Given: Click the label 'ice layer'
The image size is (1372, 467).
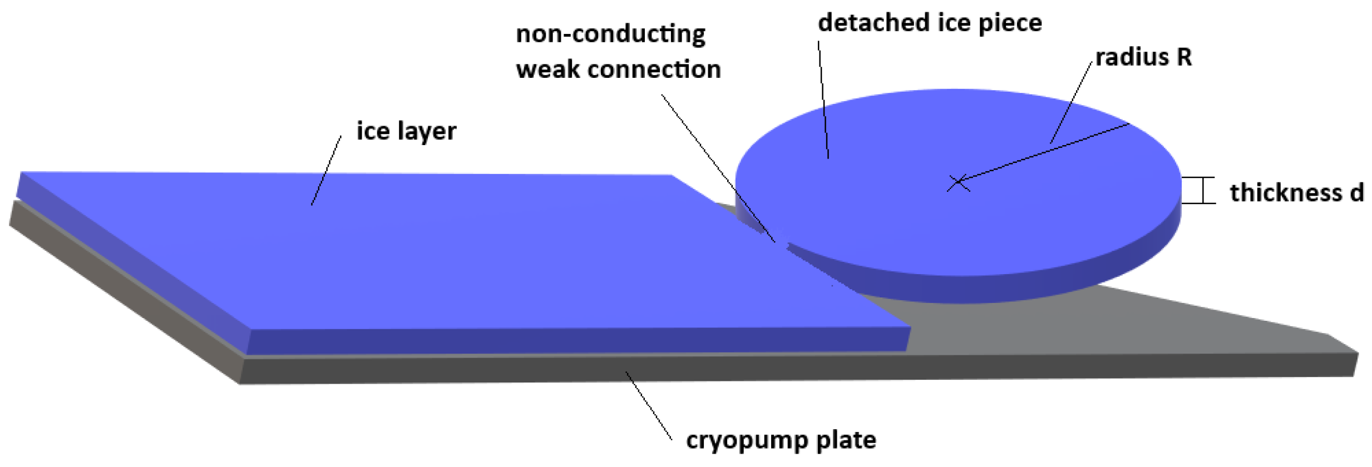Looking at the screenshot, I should click(x=406, y=132).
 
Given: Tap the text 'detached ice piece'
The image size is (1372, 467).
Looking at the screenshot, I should click(x=930, y=23).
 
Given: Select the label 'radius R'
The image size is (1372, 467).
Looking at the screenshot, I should click(x=1143, y=57).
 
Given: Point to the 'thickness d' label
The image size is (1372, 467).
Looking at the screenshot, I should click(x=1296, y=193).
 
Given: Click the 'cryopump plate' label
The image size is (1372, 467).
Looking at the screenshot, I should click(x=781, y=440).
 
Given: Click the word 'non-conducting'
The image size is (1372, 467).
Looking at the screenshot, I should click(x=610, y=34).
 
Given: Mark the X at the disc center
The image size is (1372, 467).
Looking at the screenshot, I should click(x=958, y=182).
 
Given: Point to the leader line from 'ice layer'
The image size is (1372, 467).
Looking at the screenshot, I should click(x=327, y=170).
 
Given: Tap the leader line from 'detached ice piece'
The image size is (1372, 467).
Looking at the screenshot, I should click(x=823, y=100).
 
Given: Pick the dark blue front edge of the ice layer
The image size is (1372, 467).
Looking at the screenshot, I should click(x=579, y=340).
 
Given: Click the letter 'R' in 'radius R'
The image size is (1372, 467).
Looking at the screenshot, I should click(x=1184, y=57).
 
